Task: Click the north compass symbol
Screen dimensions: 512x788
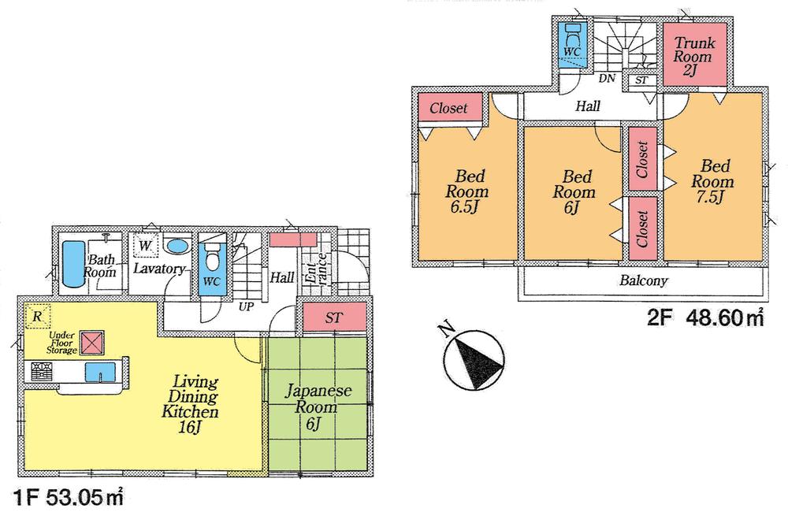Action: click(x=471, y=358)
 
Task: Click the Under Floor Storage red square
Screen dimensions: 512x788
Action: click(x=94, y=343)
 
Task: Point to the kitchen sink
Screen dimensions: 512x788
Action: click(x=101, y=372)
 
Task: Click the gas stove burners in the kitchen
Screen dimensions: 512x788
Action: click(x=41, y=372)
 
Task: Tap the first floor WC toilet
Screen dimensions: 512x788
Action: click(x=211, y=258)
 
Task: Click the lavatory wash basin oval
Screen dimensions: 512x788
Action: click(x=178, y=246)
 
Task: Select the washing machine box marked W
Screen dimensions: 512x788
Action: click(x=146, y=247)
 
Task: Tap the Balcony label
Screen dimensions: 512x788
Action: click(x=643, y=280)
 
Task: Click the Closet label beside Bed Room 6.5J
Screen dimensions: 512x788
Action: click(x=448, y=109)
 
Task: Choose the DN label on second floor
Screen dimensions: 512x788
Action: click(x=607, y=79)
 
